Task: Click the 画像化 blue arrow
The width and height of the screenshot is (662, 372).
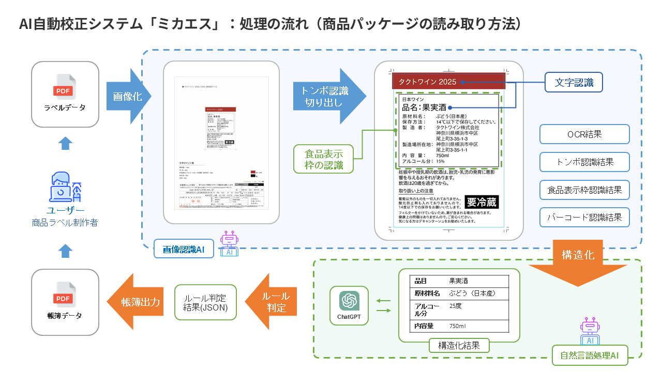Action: coord(127,97)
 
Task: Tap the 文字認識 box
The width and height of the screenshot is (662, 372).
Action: coord(574,82)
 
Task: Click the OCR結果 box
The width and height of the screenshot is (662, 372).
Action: coord(584,134)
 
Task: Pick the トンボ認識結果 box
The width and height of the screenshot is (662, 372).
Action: coord(584,162)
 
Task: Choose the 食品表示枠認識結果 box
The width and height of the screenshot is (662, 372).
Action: coord(584,190)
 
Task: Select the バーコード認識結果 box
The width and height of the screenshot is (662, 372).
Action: coord(584,218)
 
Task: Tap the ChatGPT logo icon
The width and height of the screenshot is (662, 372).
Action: coord(349,301)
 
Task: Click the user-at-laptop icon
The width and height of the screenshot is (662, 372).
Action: coord(64,188)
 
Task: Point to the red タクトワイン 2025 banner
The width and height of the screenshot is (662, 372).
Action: coord(448,82)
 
